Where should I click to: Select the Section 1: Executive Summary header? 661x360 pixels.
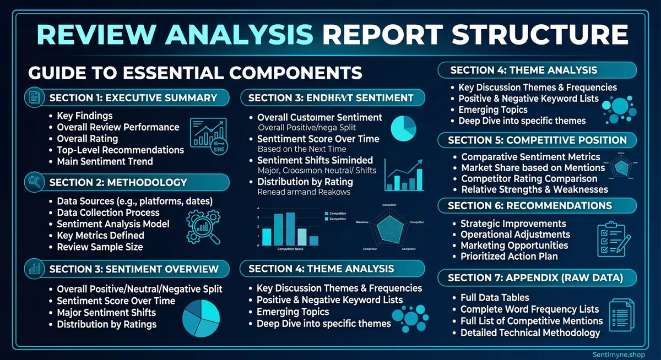133,98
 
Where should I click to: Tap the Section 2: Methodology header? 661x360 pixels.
118,182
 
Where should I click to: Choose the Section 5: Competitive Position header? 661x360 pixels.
537,140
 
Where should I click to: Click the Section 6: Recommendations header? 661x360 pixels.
529,205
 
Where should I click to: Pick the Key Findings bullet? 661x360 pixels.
84,116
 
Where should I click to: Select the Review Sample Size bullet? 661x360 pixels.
100,247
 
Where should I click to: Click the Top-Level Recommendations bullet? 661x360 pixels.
120,150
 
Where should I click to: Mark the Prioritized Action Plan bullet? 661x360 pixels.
509,256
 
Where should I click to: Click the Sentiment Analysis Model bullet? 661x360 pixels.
113,224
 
